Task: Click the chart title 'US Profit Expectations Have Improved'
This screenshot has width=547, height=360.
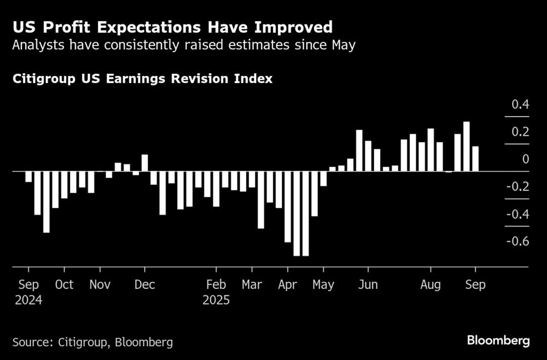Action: (172, 27)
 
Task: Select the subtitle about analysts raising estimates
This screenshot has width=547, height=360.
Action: (184, 45)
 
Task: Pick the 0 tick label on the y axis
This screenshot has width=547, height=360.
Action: (526, 159)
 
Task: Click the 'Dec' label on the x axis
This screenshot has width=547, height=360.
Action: (144, 285)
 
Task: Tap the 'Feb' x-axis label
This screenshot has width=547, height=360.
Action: (216, 285)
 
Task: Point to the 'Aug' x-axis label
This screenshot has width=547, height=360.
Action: (430, 285)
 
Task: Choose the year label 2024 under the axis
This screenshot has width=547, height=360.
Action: (28, 300)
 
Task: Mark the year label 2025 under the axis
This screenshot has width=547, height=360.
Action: (216, 300)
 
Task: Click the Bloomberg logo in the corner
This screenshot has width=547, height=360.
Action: (498, 341)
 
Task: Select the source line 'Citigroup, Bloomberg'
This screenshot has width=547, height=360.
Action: (92, 342)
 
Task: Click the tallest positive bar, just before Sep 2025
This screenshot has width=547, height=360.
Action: (467, 147)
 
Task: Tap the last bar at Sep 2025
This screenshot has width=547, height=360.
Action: (475, 159)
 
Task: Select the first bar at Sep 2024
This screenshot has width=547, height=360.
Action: (28, 176)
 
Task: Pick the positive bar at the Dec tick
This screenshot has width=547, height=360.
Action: (145, 163)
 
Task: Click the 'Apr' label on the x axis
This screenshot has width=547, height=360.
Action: (288, 285)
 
